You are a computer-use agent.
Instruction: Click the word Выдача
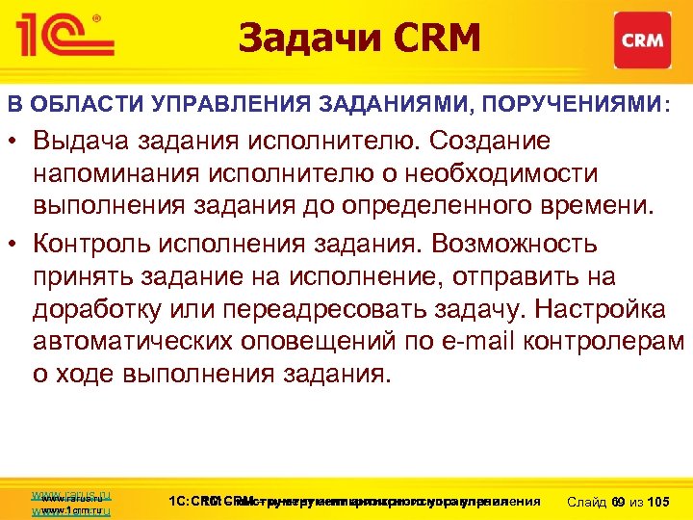pyautogui.click(x=77, y=141)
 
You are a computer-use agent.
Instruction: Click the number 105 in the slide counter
pyautogui.click(x=660, y=502)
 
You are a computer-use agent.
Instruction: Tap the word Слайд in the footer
pyautogui.click(x=588, y=502)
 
